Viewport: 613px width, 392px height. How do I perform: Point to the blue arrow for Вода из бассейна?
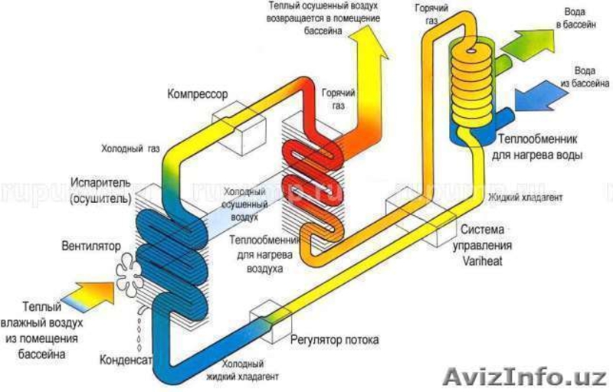[x=528, y=98]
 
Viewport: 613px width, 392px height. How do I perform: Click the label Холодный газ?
[x=129, y=148]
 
